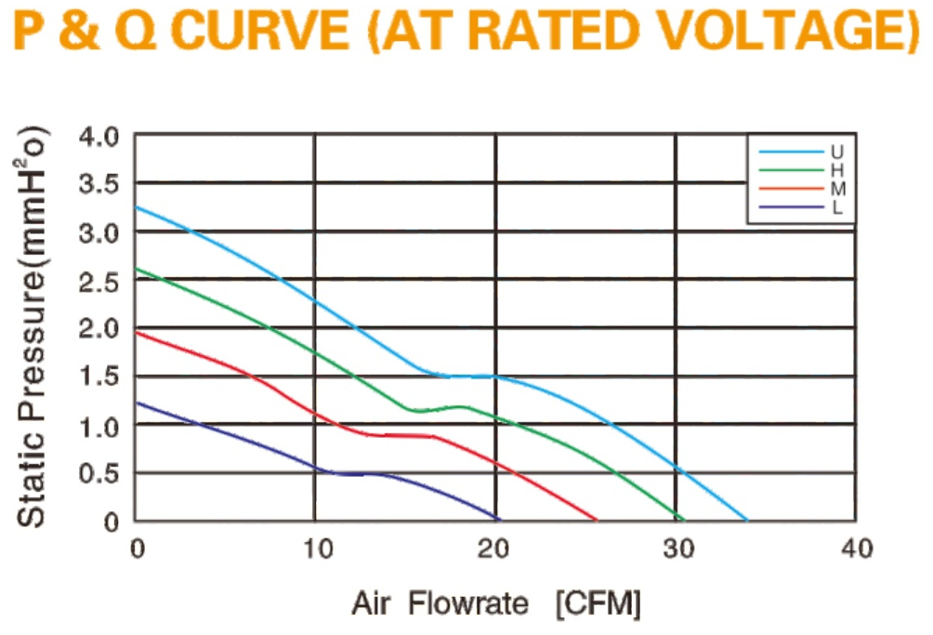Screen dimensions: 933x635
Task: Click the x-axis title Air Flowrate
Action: pos(440,603)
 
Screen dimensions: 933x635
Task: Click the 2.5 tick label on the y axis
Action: pos(99,281)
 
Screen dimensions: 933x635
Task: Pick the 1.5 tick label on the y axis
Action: pos(99,377)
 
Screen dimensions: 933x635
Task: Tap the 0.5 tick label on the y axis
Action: pos(99,474)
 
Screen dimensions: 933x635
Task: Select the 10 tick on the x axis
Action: pos(318,549)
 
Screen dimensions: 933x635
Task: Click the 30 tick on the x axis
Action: pos(679,549)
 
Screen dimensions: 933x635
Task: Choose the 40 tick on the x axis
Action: pos(858,549)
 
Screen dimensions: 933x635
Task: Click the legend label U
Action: pos(836,152)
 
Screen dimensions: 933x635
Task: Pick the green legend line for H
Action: pos(791,170)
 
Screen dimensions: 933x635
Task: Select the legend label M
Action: pos(838,189)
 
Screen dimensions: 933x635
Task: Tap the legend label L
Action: pos(836,207)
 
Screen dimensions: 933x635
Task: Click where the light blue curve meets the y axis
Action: pos(136,207)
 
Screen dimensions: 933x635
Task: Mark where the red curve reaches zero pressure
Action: pos(597,520)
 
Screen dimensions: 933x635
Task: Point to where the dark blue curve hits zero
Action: pos(499,520)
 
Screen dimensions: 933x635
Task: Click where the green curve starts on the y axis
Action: pos(136,269)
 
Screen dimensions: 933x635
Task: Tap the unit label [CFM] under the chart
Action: pos(598,604)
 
